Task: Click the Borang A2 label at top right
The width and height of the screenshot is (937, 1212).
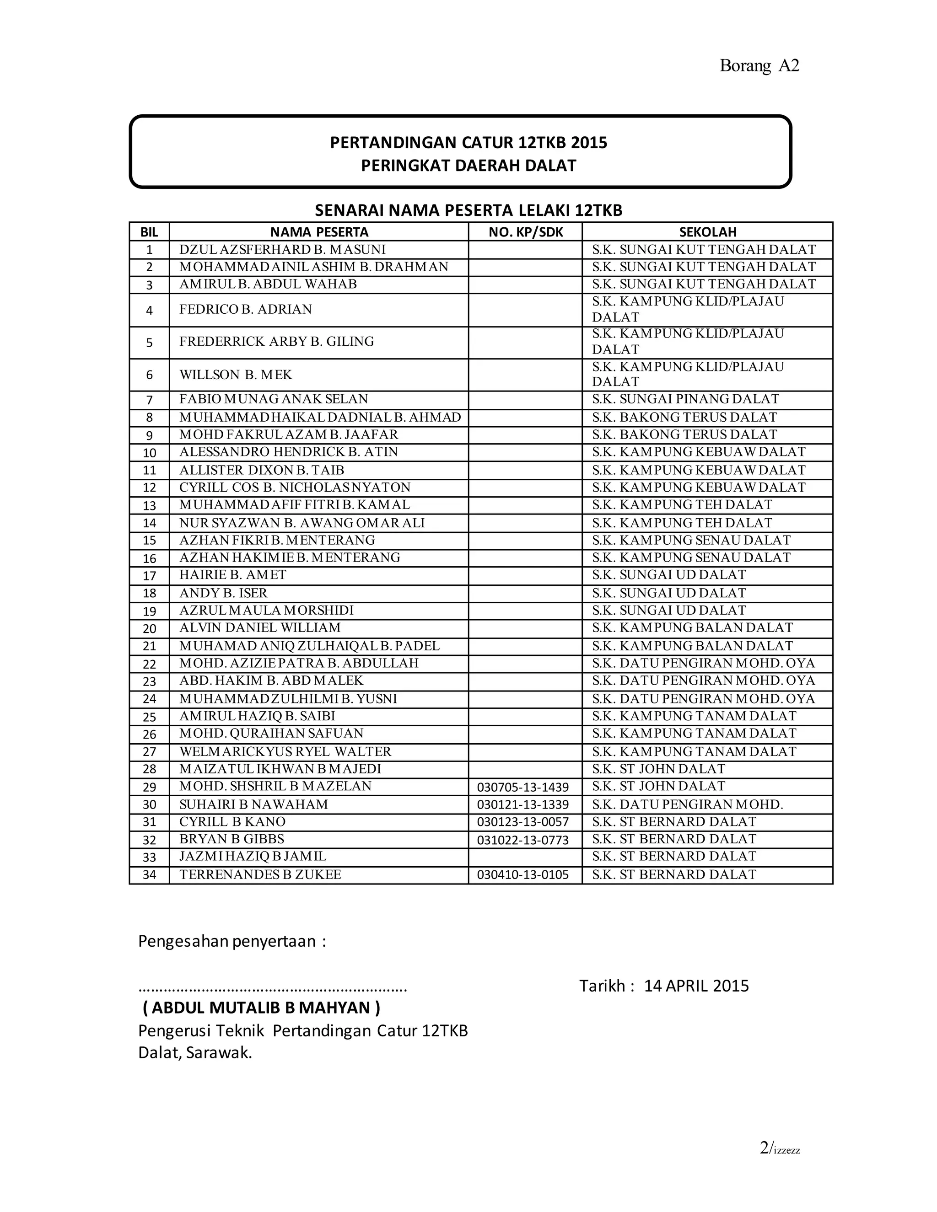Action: tap(759, 65)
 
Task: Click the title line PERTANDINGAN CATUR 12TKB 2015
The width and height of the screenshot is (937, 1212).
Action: tap(468, 143)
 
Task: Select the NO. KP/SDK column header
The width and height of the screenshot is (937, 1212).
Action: tap(525, 232)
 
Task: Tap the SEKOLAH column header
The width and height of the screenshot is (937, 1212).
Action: tap(707, 232)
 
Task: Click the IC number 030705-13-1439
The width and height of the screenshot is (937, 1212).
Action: tap(522, 787)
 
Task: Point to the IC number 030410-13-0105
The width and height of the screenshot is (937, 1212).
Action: tap(522, 874)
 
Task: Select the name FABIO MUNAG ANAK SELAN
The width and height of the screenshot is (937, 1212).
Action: tap(273, 399)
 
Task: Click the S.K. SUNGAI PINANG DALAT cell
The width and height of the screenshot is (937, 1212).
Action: tap(685, 399)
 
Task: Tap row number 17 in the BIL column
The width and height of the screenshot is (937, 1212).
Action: tap(149, 575)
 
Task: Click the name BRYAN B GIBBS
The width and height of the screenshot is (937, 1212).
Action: tap(232, 839)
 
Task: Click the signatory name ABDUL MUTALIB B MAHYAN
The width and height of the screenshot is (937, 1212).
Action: tap(261, 1007)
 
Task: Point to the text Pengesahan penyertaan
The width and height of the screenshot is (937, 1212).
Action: tap(232, 941)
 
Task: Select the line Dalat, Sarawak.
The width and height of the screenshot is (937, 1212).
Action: tap(195, 1053)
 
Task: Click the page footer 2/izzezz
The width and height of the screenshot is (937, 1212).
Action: tap(779, 1148)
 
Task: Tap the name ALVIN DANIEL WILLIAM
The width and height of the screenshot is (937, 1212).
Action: tap(260, 627)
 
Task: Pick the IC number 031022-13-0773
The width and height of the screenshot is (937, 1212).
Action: tap(522, 840)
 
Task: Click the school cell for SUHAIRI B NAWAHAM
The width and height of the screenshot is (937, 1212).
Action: tap(687, 804)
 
